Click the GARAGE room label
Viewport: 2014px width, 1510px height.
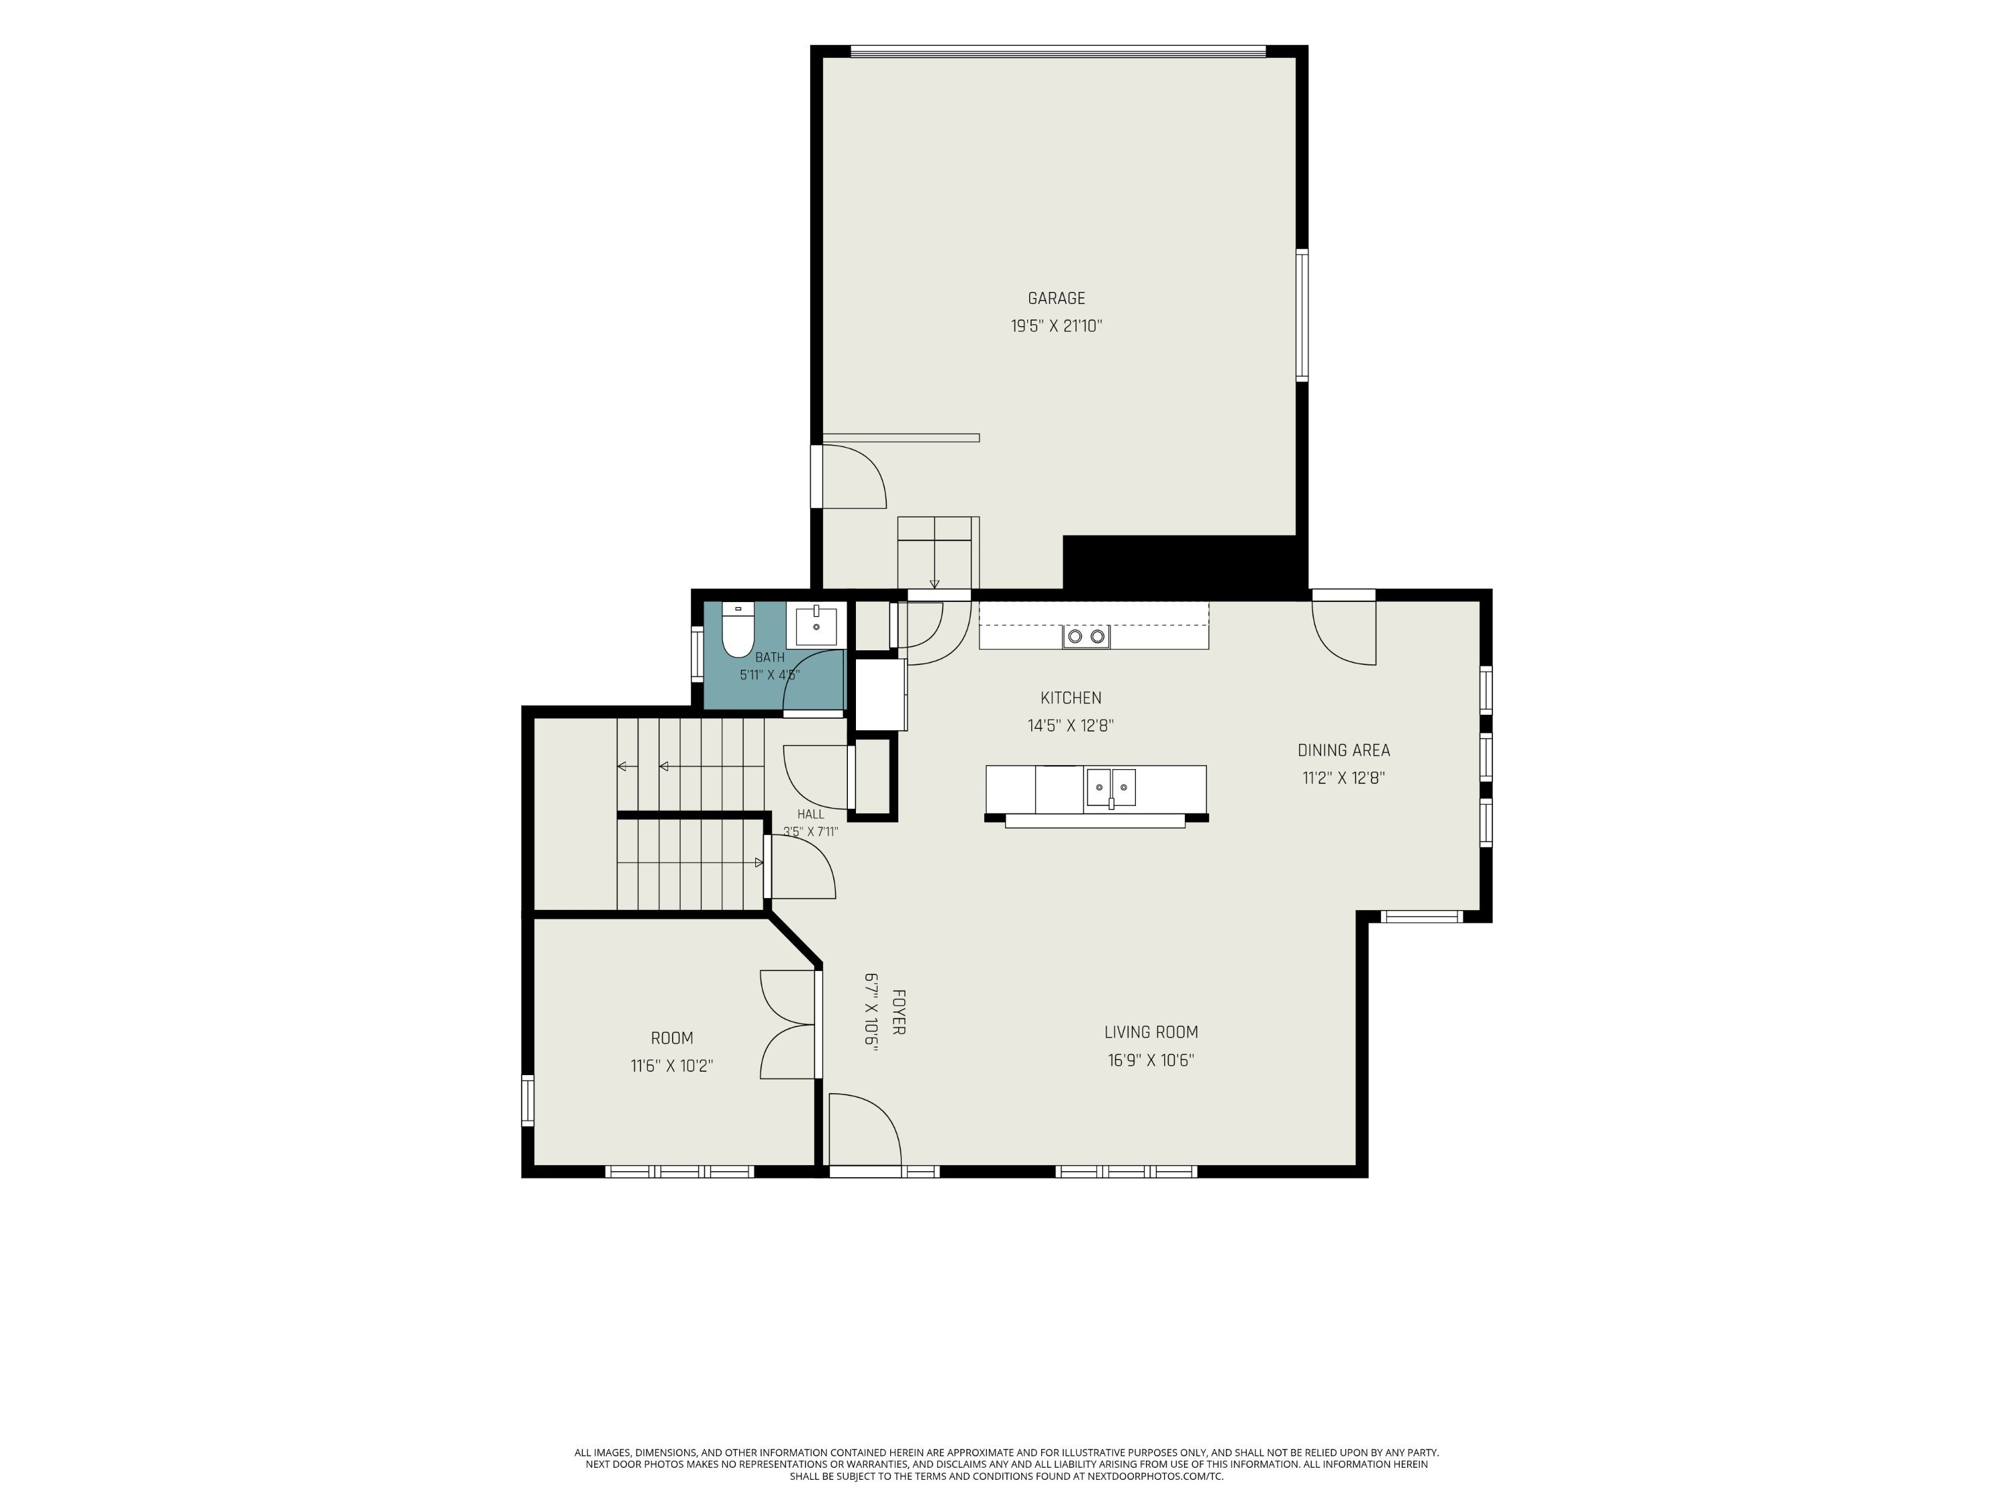pyautogui.click(x=1056, y=299)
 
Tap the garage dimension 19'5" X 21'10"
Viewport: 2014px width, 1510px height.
pyautogui.click(x=1056, y=326)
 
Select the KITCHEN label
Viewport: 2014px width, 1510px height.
pyautogui.click(x=1071, y=698)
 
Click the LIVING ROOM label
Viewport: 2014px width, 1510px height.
pyautogui.click(x=1151, y=1032)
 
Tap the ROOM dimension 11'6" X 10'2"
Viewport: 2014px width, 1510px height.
pyautogui.click(x=672, y=1066)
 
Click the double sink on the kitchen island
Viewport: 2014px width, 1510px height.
pyautogui.click(x=1111, y=787)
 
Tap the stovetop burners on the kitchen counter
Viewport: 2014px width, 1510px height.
pyautogui.click(x=1086, y=636)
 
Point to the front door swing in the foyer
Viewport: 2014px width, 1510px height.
pyautogui.click(x=864, y=1129)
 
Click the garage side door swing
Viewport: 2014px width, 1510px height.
pyautogui.click(x=854, y=476)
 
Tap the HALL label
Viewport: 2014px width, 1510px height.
pyautogui.click(x=810, y=815)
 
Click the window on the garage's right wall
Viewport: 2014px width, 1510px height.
pyautogui.click(x=1302, y=315)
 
